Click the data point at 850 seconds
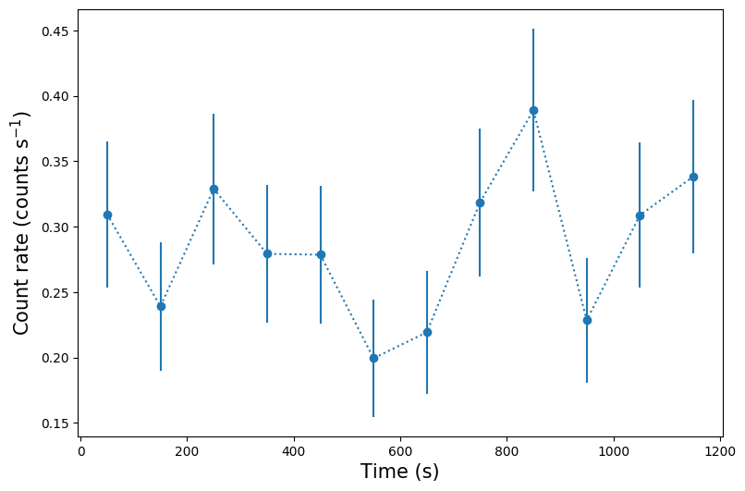[533, 110]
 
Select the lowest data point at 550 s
[373, 358]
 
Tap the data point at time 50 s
[107, 215]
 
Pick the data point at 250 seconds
[214, 189]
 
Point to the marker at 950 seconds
[587, 320]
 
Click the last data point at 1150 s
[693, 177]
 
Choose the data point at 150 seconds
[161, 306]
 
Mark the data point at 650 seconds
[427, 332]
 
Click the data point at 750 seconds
[480, 203]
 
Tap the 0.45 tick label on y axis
[55, 31]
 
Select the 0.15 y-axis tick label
[55, 423]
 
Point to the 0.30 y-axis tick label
[55, 227]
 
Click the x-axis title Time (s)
[399, 472]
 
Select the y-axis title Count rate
[22, 222]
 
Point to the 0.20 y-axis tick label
[55, 358]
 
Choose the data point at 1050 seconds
[640, 215]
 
